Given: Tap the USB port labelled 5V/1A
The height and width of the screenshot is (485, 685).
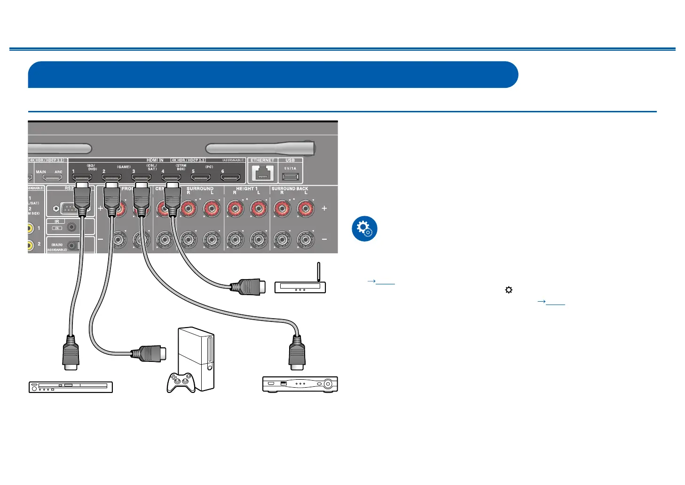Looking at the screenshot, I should [x=290, y=177].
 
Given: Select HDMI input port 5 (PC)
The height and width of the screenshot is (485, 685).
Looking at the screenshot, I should [x=201, y=178].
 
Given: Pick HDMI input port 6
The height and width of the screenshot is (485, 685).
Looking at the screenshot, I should [x=230, y=178].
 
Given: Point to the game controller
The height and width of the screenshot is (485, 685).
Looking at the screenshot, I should [x=181, y=382].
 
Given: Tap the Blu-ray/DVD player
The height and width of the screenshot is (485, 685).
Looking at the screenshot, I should [x=71, y=387].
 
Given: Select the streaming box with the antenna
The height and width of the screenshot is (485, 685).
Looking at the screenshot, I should [x=300, y=286].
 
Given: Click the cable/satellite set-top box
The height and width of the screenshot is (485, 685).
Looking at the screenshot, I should [x=300, y=384].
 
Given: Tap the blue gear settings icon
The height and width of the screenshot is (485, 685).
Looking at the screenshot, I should [x=364, y=229].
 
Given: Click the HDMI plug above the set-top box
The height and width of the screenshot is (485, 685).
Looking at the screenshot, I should [x=297, y=352].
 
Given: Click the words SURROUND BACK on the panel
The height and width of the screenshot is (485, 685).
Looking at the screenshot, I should [x=290, y=188].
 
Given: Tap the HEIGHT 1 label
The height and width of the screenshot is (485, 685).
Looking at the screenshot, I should [x=246, y=188].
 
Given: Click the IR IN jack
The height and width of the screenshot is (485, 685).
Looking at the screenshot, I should [x=71, y=227].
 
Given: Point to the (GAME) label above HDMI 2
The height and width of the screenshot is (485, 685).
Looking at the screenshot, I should [x=124, y=167].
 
